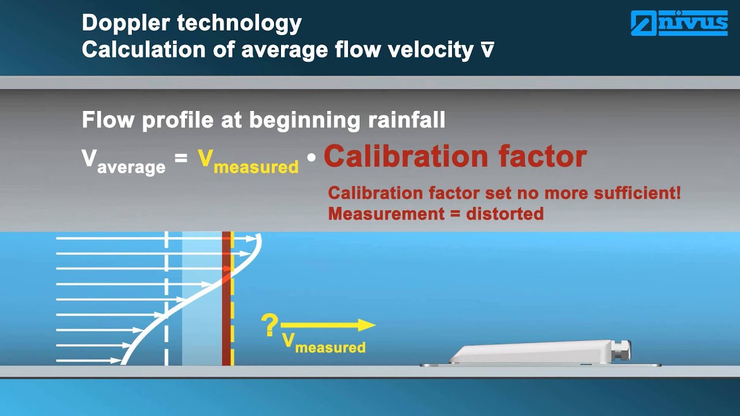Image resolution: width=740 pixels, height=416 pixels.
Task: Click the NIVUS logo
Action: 679,23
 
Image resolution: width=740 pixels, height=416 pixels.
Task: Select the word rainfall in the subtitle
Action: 405,120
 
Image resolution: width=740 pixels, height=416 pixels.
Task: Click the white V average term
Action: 123,160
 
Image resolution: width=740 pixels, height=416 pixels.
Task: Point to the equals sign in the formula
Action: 181,157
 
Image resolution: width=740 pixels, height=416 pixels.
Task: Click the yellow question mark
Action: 269,326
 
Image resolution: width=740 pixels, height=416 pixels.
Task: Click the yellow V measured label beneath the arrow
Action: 324,342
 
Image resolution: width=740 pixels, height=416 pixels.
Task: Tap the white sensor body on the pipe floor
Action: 532,352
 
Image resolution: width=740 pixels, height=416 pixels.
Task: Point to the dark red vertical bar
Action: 226,312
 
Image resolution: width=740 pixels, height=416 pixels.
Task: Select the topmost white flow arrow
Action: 156,238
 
